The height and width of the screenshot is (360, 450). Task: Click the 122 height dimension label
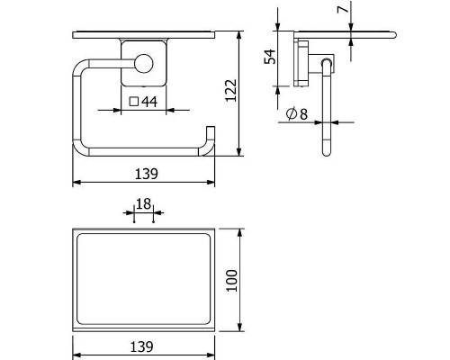(231, 91)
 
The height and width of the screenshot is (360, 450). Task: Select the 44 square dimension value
(149, 102)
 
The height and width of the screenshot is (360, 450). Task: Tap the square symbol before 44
(134, 102)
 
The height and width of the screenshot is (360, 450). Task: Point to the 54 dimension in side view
(270, 57)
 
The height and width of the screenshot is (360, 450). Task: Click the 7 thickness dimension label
(343, 9)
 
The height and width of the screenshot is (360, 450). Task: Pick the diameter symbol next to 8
(292, 113)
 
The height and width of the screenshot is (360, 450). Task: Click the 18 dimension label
(143, 204)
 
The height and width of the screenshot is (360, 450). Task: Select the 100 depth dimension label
(232, 281)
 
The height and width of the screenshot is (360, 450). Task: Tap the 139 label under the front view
(147, 174)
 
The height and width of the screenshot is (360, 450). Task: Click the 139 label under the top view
(141, 346)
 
